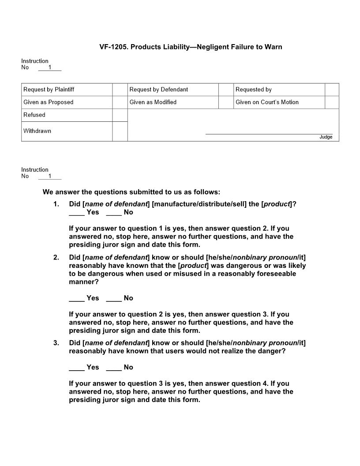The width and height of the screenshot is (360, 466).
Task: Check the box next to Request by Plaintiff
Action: (120, 90)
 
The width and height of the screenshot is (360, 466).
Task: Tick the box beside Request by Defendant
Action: (226, 90)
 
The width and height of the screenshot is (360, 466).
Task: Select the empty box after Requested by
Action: (332, 90)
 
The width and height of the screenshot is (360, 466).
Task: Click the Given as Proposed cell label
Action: (49, 102)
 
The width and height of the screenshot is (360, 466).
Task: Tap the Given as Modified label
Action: (153, 102)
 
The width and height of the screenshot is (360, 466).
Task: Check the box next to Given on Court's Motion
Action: (332, 102)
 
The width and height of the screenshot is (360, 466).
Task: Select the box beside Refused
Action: (120, 115)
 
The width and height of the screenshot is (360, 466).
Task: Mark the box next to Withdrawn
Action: (120, 132)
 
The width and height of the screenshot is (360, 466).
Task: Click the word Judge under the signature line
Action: (326, 137)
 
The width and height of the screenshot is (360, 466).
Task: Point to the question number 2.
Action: (56, 258)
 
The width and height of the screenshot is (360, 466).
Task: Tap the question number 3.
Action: (56, 343)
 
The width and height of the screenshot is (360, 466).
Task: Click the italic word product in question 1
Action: (277, 204)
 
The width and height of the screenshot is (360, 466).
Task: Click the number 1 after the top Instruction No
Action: (50, 68)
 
